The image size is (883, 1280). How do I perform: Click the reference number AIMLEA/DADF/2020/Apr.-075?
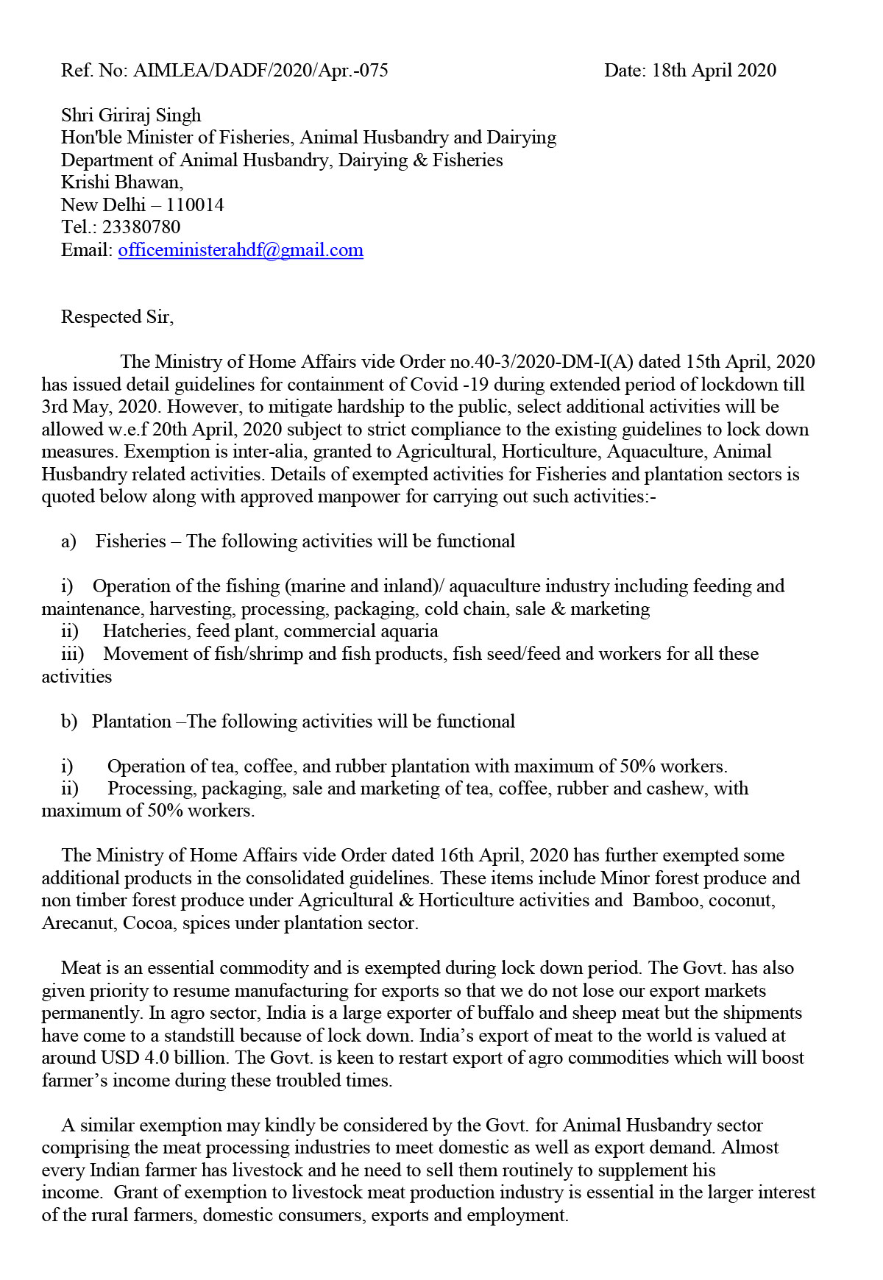tap(261, 71)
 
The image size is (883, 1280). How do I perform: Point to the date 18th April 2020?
tap(714, 71)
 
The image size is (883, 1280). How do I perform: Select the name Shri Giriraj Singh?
tap(131, 115)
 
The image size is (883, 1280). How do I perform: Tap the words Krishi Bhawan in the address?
tap(121, 182)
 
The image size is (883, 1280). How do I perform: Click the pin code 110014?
tap(195, 205)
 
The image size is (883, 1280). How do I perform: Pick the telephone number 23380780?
tap(141, 227)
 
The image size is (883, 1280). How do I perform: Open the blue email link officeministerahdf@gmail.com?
tap(241, 250)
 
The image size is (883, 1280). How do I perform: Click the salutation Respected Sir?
tap(116, 317)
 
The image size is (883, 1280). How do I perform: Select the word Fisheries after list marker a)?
tap(131, 541)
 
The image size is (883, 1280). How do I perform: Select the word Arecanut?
tap(79, 923)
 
